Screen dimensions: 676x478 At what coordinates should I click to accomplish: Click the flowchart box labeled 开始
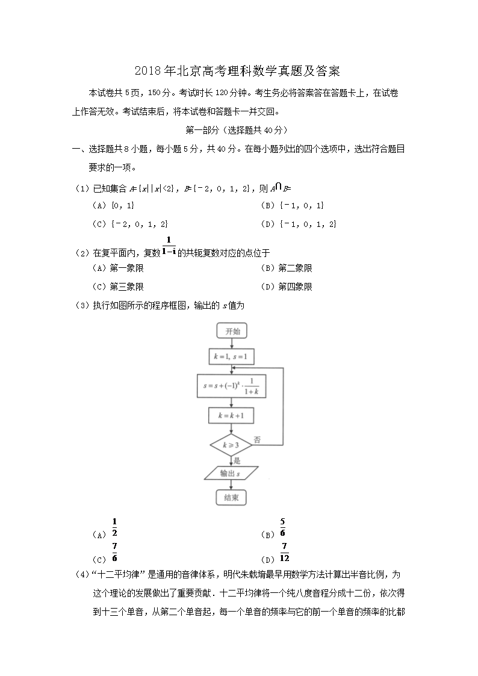pyautogui.click(x=232, y=331)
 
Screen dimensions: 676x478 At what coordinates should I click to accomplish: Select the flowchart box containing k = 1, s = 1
pyautogui.click(x=232, y=356)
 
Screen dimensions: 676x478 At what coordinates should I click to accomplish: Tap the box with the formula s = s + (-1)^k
pyautogui.click(x=232, y=386)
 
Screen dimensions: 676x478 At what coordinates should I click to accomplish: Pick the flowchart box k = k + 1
pyautogui.click(x=232, y=415)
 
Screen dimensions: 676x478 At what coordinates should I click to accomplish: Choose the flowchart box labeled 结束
pyautogui.click(x=232, y=497)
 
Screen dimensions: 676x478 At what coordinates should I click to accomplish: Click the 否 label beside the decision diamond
pyautogui.click(x=257, y=439)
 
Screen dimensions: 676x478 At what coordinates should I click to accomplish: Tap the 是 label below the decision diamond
pyautogui.click(x=237, y=460)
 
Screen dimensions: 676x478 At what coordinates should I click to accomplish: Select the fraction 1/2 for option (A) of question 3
pyautogui.click(x=114, y=527)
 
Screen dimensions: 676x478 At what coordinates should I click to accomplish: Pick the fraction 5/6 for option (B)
pyautogui.click(x=282, y=527)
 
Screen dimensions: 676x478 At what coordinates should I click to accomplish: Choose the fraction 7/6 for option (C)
pyautogui.click(x=114, y=552)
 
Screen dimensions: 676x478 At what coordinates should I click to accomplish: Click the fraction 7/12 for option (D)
pyautogui.click(x=284, y=552)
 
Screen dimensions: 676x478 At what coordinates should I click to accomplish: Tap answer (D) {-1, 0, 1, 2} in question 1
pyautogui.click(x=308, y=224)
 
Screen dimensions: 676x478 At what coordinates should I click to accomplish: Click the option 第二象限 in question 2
pyautogui.click(x=295, y=268)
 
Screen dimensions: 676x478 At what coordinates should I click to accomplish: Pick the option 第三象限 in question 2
pyautogui.click(x=126, y=287)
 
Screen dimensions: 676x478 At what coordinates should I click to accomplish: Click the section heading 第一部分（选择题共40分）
pyautogui.click(x=238, y=129)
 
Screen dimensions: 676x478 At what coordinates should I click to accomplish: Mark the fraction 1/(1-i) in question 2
pyautogui.click(x=169, y=246)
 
